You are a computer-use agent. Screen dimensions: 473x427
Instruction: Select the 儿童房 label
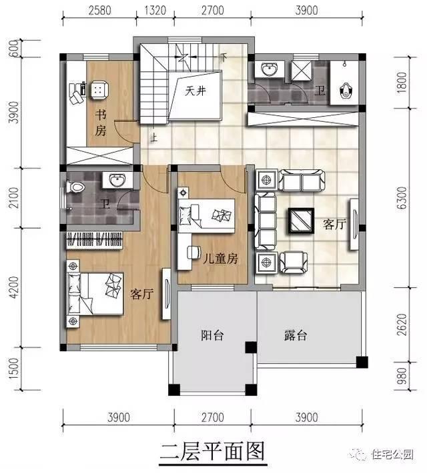click(220, 258)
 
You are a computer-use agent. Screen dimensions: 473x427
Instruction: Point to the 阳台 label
click(211, 336)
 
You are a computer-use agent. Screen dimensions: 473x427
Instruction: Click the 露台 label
click(295, 336)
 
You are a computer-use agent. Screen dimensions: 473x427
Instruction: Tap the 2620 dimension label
click(400, 326)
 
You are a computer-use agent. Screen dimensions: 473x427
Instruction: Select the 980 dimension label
click(400, 376)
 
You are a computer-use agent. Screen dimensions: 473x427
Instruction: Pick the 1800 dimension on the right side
click(400, 85)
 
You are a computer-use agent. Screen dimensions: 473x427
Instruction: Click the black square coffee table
click(301, 221)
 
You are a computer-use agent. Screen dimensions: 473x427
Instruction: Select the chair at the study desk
click(99, 89)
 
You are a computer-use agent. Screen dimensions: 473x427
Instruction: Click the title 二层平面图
click(212, 451)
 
